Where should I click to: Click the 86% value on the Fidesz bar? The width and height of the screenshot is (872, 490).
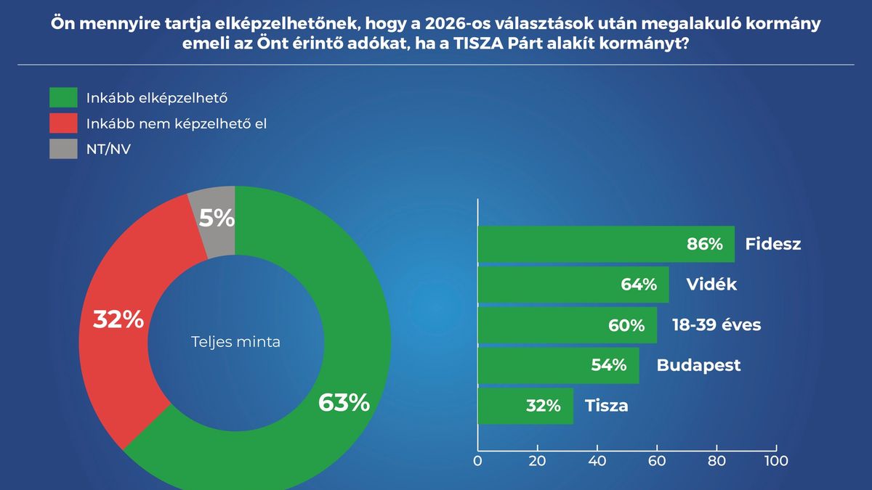coord(705,245)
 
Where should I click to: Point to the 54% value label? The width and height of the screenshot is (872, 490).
coord(609,365)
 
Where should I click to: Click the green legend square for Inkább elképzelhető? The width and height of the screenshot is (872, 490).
coord(63,97)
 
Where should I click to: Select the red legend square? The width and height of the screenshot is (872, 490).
coord(63,123)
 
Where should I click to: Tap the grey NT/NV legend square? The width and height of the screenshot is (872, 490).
coord(63,149)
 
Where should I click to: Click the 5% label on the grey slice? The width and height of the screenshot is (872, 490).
coord(217,218)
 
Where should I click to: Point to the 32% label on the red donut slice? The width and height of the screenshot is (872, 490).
coord(118,320)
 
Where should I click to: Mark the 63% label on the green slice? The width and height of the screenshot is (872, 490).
coord(344,402)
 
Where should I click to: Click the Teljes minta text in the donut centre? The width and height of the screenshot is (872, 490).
coord(235,342)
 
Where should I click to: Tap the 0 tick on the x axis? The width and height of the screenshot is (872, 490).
coord(478,460)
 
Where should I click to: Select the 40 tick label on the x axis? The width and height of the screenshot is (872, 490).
coord(597,460)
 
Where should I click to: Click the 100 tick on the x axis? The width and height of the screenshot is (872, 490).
coord(776,460)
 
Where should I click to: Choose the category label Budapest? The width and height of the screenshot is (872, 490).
coord(698,365)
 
